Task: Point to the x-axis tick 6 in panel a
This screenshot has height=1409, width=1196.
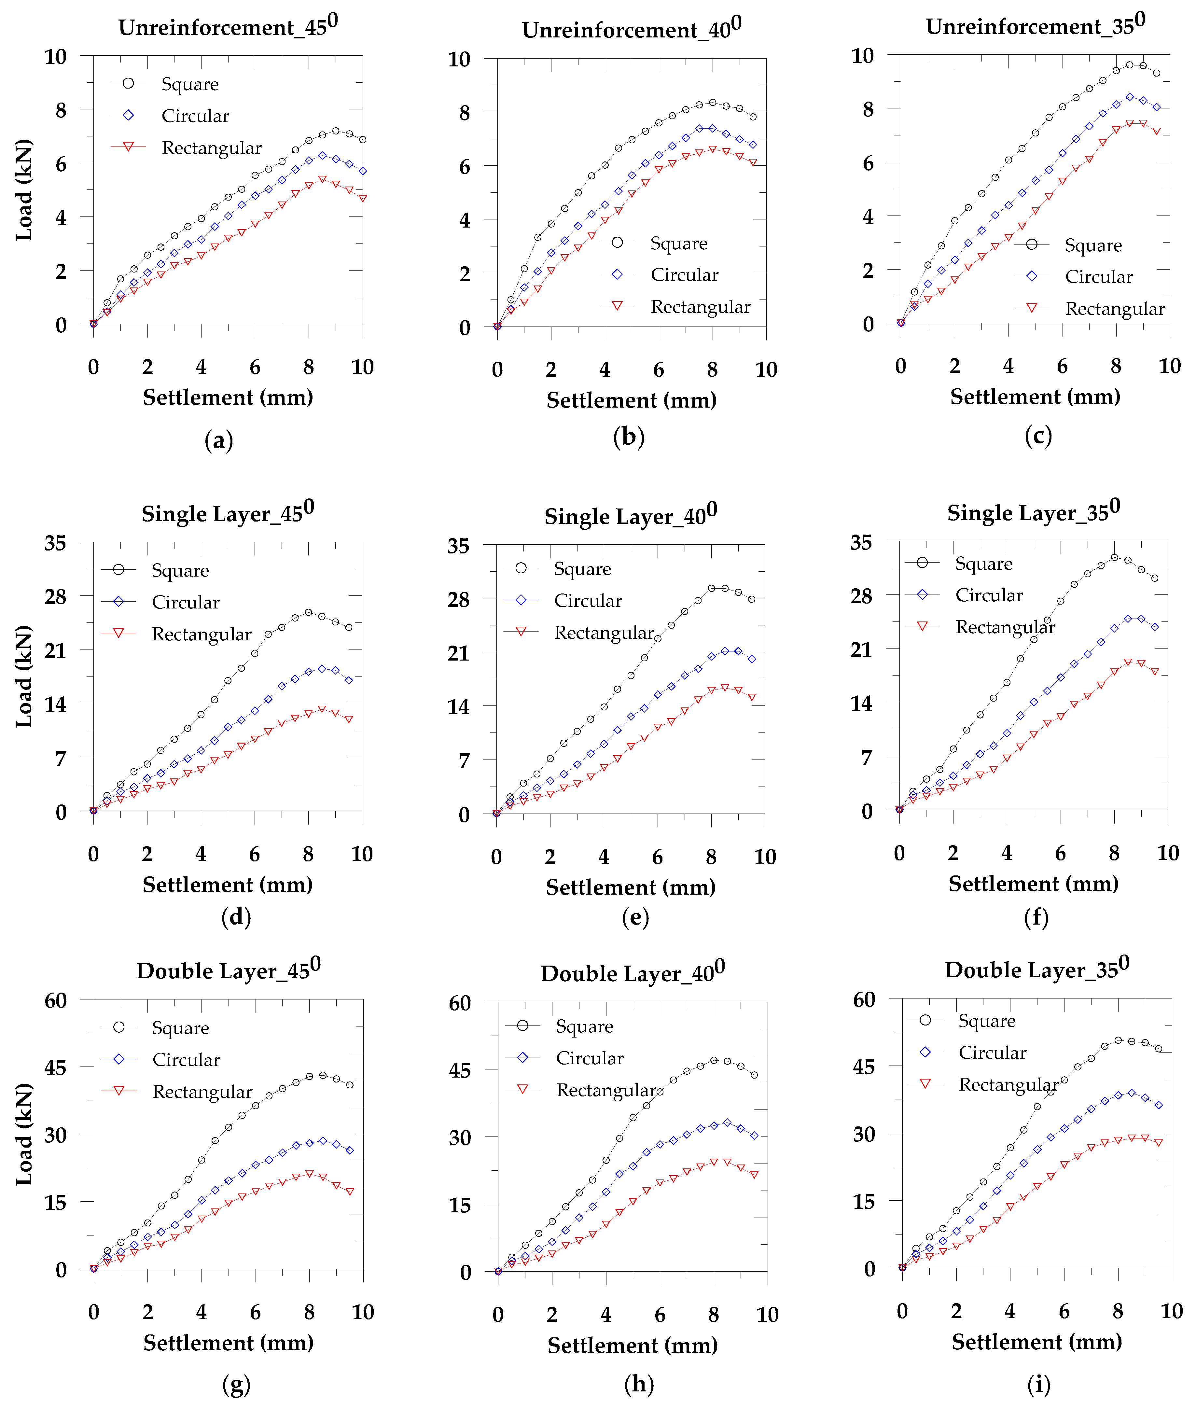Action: pos(255,367)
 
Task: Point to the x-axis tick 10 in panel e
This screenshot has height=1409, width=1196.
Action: pos(765,857)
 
